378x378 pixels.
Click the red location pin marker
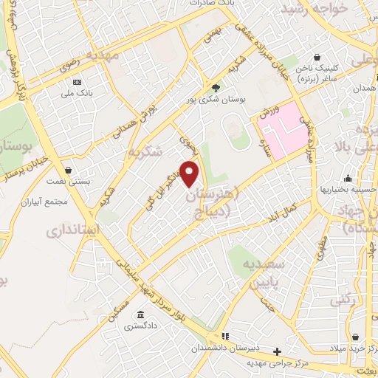(190, 171)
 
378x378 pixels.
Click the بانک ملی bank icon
(78, 81)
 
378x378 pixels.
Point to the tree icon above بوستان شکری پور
(216, 86)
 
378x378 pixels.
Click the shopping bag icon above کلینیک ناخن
(317, 57)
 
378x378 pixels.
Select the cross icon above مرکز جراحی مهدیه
(277, 351)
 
